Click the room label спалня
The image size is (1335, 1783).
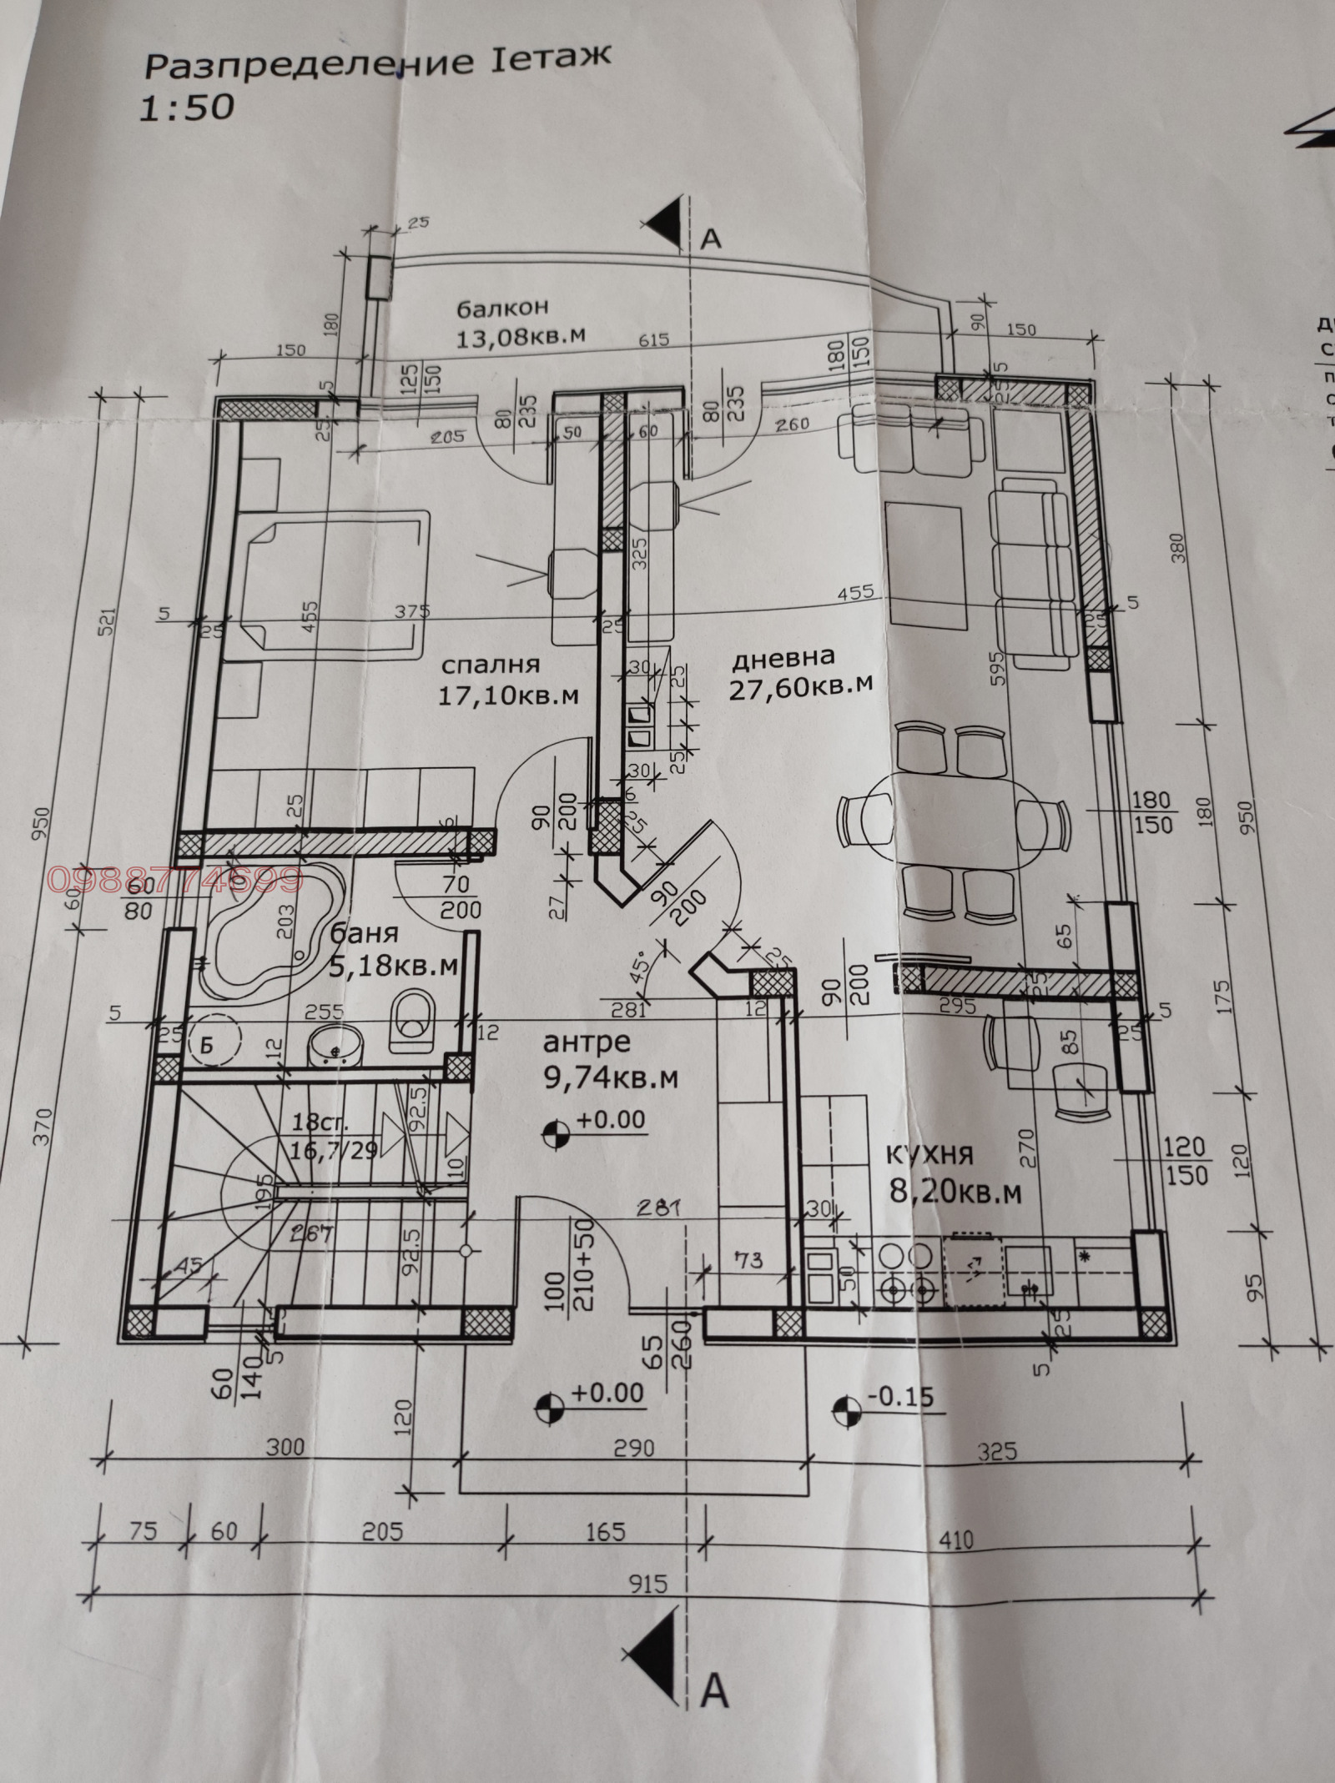[x=491, y=665]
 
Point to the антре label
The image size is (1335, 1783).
[x=587, y=1042]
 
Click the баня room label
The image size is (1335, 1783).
[x=364, y=933]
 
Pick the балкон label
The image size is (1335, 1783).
[x=502, y=307]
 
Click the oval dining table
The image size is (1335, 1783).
[x=955, y=821]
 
